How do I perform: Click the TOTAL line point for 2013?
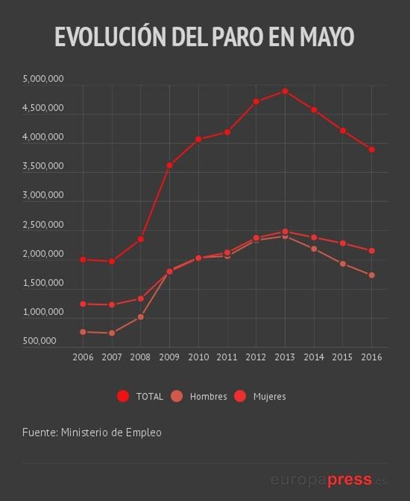[285, 91]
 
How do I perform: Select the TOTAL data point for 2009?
[169, 166]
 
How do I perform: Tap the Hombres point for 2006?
[83, 332]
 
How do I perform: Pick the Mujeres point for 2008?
[140, 299]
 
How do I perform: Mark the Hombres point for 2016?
[372, 275]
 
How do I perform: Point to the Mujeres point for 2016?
[372, 251]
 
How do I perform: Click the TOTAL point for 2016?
[372, 149]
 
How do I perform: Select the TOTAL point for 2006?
[83, 259]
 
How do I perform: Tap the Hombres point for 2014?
[314, 249]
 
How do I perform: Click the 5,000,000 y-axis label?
[43, 79]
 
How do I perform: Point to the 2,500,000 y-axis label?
[43, 225]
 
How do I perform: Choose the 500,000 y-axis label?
[40, 341]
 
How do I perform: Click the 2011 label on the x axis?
[227, 357]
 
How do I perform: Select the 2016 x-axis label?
[372, 357]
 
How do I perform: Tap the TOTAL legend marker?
[123, 396]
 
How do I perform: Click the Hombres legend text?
[208, 397]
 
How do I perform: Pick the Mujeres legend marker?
[240, 396]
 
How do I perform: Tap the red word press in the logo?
[350, 479]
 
